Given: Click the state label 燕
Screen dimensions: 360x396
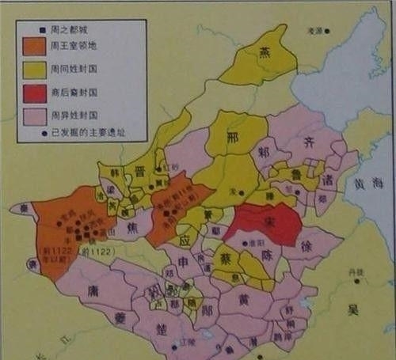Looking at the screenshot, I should pos(265,52).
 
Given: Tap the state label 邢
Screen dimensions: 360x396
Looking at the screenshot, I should pos(233,136).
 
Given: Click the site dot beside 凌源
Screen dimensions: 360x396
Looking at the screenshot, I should pos(327,32).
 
